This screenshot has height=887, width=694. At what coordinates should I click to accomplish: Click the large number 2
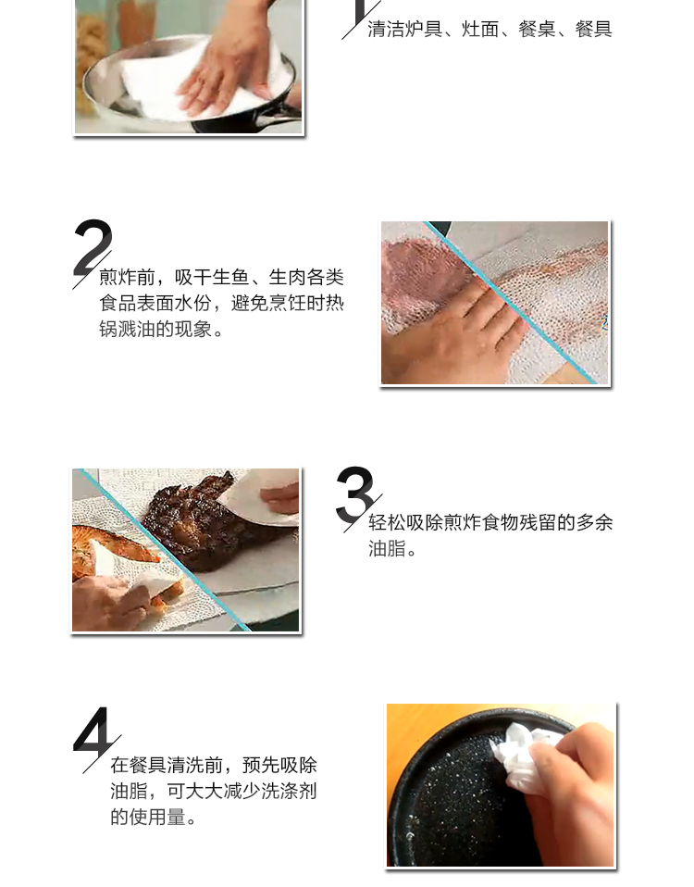pos(93,246)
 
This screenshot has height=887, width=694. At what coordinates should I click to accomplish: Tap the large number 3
pos(354,493)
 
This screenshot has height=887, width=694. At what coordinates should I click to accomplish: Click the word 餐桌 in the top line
pos(537,29)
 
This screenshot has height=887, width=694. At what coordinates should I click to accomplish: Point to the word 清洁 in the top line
pos(386,29)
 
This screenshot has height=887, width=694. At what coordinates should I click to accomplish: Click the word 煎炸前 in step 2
pos(127,277)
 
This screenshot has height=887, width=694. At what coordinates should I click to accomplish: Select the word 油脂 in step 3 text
pos(387,548)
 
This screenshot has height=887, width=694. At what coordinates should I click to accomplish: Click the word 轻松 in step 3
pos(387,522)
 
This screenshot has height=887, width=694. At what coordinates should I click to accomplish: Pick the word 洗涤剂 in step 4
pos(289,791)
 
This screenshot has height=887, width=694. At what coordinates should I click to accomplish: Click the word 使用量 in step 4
pos(157,817)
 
